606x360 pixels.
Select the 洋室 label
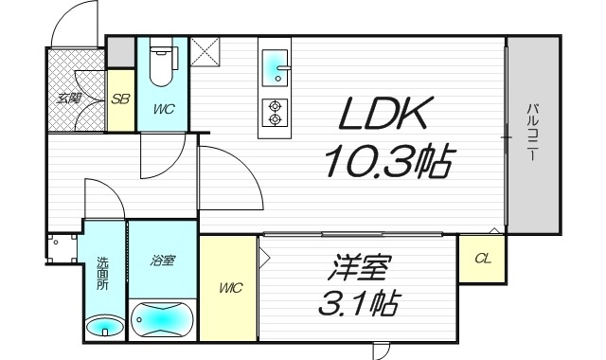click(x=359, y=268)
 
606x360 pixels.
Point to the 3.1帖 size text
click(x=358, y=305)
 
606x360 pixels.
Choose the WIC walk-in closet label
click(x=229, y=286)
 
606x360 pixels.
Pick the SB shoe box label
click(x=120, y=98)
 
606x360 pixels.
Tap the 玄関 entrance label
click(x=67, y=97)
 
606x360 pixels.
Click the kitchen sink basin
click(x=276, y=65)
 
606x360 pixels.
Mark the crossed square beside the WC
click(x=205, y=51)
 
